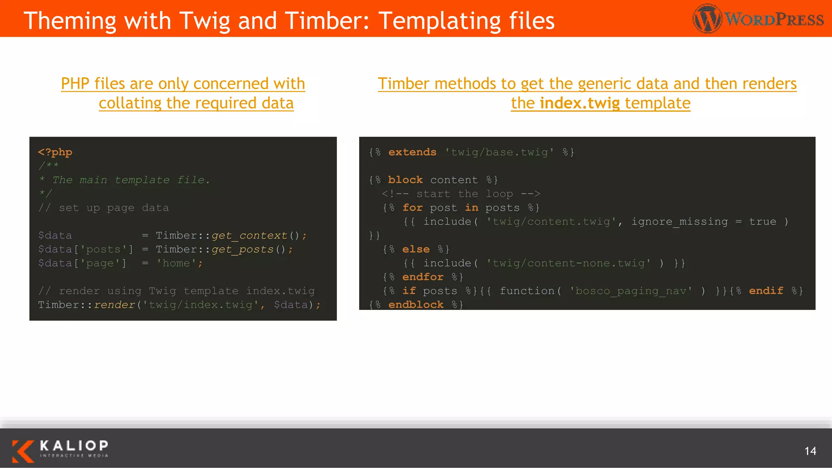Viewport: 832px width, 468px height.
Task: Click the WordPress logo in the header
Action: pos(758,19)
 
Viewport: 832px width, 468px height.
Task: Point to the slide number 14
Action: pos(810,451)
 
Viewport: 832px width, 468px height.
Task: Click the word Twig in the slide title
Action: pos(204,21)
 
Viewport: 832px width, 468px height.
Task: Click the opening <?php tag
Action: pos(55,152)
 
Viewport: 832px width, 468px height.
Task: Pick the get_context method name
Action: pos(249,236)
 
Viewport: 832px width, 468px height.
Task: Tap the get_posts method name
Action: pos(242,249)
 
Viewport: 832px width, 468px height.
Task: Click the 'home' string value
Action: pos(176,263)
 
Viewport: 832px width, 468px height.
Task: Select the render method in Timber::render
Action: pos(114,305)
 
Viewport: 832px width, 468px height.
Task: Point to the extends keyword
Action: pos(412,152)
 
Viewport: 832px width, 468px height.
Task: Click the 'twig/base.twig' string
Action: pos(499,152)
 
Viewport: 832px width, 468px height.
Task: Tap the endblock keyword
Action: pos(416,305)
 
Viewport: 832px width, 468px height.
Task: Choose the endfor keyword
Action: pos(422,277)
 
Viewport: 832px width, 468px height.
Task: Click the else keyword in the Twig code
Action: pos(416,249)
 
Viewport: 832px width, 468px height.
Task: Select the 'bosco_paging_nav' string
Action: pos(630,291)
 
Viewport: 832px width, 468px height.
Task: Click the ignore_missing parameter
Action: pos(679,222)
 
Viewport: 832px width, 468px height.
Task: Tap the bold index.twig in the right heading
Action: pos(580,103)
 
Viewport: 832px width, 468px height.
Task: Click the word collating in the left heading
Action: pos(130,103)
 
